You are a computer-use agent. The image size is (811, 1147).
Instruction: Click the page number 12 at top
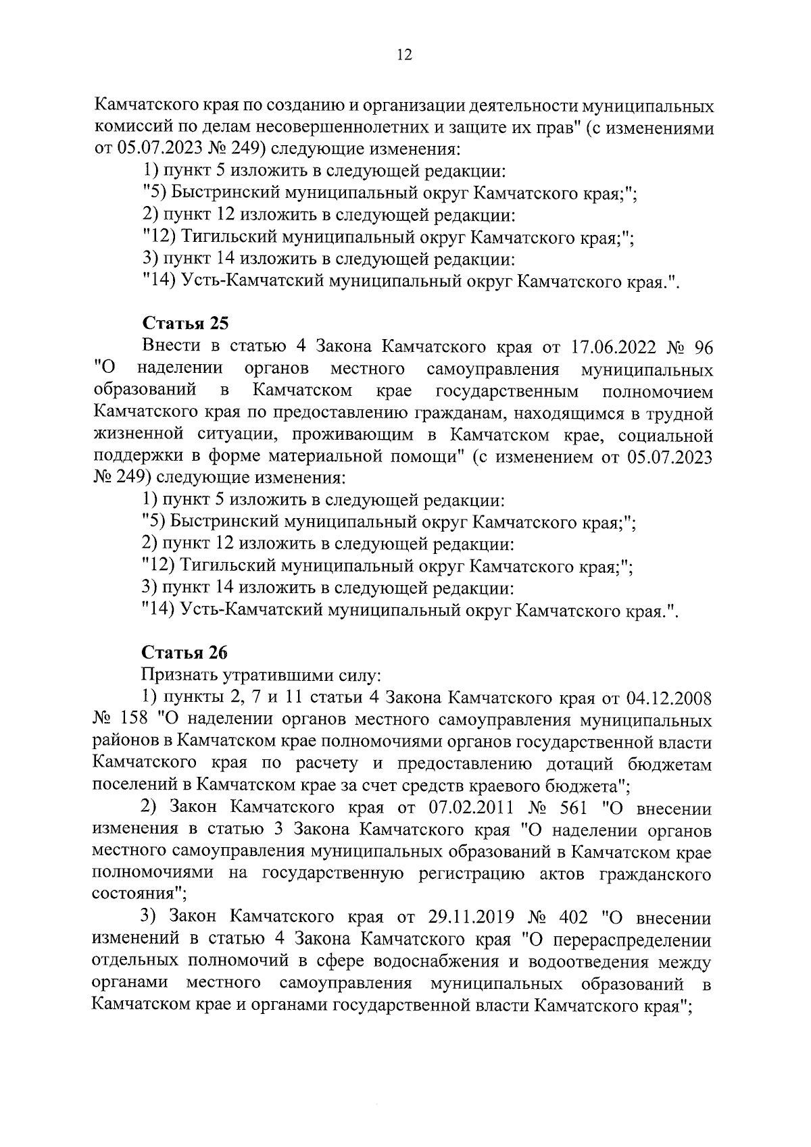tap(405, 55)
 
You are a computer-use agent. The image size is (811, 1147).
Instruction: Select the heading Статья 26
tap(185, 653)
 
